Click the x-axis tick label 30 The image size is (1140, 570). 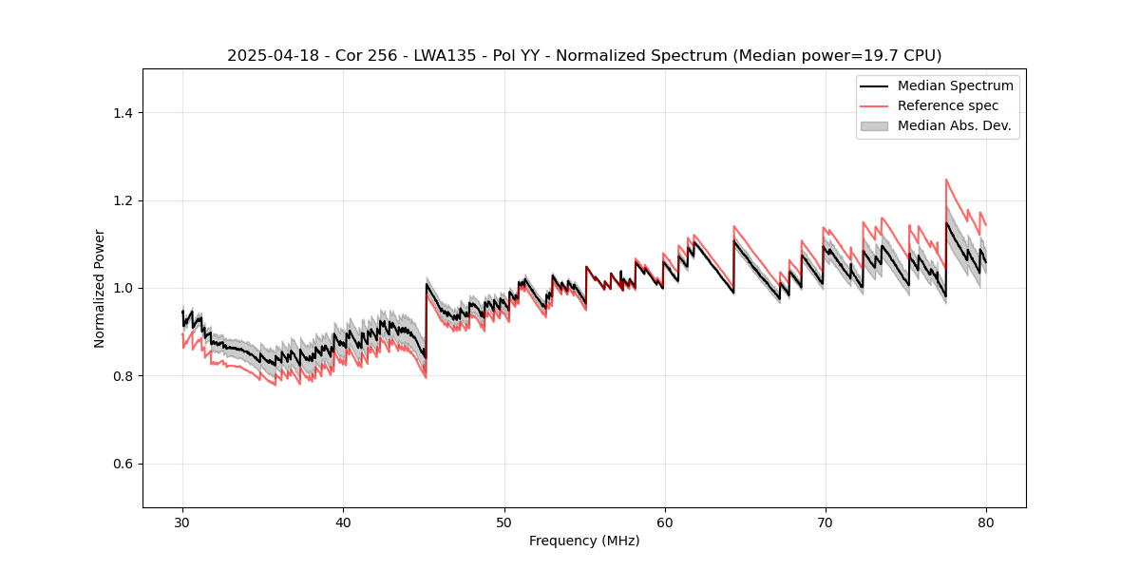click(182, 522)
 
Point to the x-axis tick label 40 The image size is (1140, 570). click(343, 522)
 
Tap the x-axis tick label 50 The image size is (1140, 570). click(503, 522)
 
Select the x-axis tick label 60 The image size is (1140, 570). click(664, 522)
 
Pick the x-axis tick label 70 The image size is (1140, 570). click(825, 522)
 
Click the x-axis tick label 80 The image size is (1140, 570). click(985, 522)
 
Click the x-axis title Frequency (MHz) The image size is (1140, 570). click(584, 541)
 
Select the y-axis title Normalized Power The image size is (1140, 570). click(100, 288)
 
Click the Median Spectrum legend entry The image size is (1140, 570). click(955, 85)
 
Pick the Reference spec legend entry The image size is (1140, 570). click(947, 105)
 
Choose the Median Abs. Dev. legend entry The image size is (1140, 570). click(954, 125)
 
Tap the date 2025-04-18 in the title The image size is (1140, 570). click(269, 56)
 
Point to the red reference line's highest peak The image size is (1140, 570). click(946, 180)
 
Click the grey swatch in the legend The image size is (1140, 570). click(874, 125)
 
